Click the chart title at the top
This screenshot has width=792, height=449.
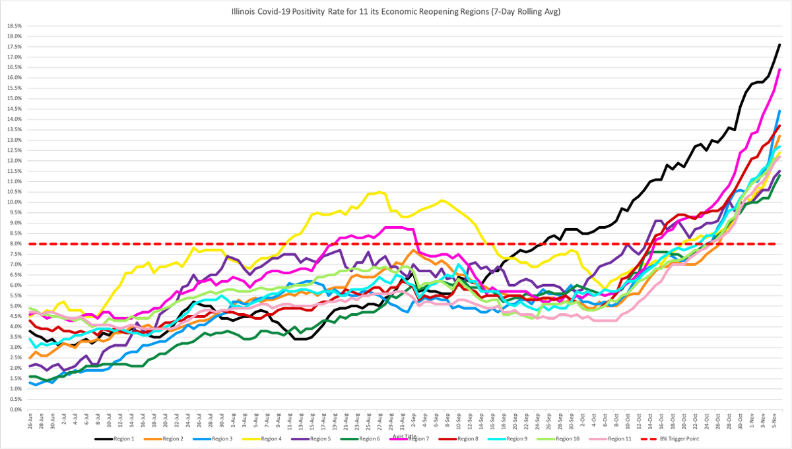pyautogui.click(x=396, y=11)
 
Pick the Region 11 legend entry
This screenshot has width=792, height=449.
pyautogui.click(x=620, y=438)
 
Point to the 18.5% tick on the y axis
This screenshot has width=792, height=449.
pyautogui.click(x=13, y=26)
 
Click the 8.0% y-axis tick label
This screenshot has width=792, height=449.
pyautogui.click(x=15, y=244)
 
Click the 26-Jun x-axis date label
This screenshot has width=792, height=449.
pyautogui.click(x=30, y=421)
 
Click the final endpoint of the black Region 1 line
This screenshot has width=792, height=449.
pyautogui.click(x=779, y=44)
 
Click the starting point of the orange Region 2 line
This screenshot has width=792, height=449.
pyautogui.click(x=30, y=358)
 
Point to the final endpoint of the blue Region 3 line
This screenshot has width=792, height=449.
pyautogui.click(x=779, y=111)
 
